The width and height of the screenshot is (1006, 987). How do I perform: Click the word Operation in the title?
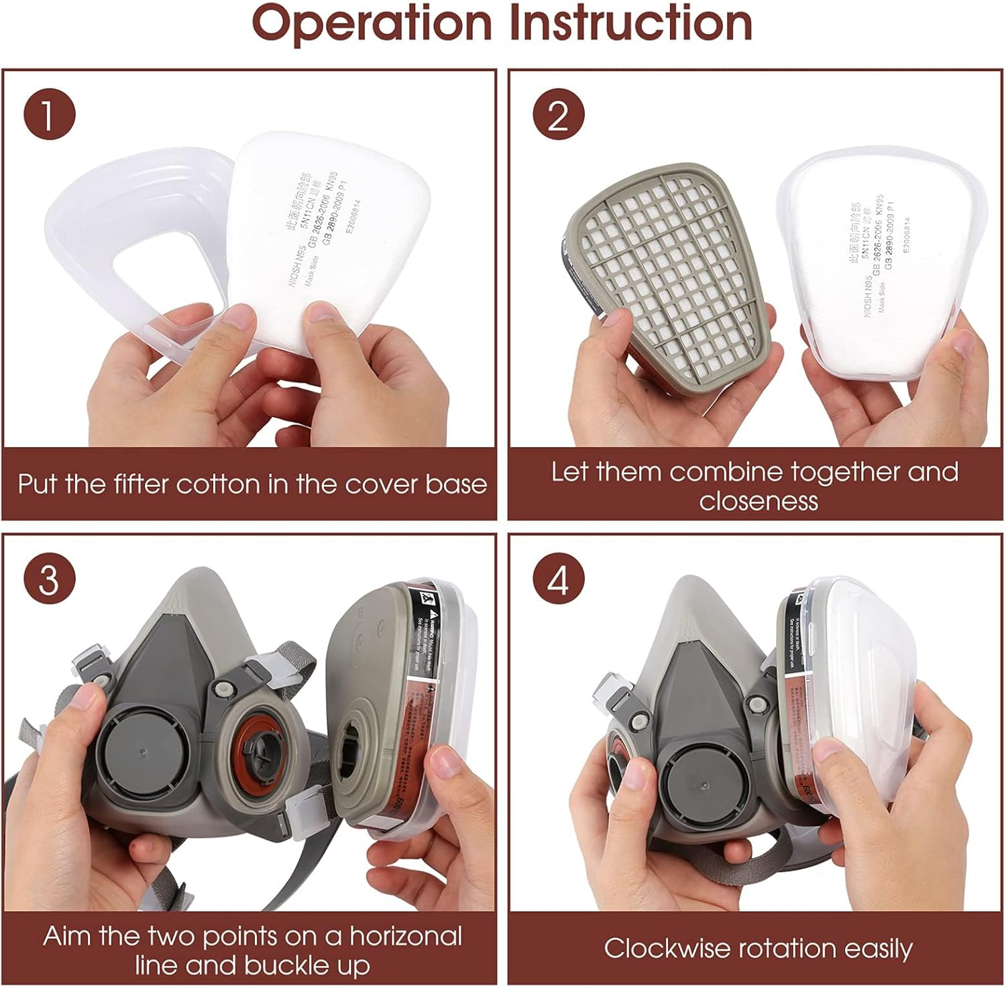(x=372, y=24)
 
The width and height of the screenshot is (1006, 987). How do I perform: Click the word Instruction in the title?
(x=630, y=24)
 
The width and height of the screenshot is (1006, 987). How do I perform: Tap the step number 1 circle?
(x=49, y=114)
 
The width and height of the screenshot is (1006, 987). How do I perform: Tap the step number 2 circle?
(x=558, y=114)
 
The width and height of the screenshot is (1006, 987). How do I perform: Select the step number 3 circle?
(x=49, y=578)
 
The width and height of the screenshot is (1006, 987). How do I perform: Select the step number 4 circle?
(x=558, y=578)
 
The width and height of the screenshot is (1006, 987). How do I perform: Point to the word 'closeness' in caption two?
(x=758, y=502)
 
